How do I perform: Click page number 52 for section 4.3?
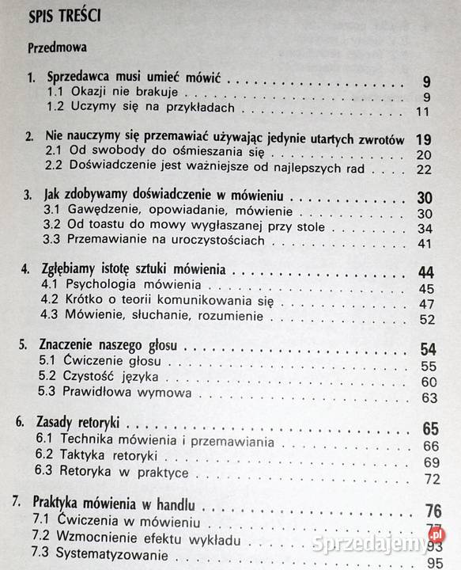pyautogui.click(x=429, y=319)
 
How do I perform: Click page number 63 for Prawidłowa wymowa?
pyautogui.click(x=429, y=397)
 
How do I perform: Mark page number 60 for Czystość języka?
pyautogui.click(x=429, y=382)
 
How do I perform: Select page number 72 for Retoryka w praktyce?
pyautogui.click(x=431, y=479)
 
